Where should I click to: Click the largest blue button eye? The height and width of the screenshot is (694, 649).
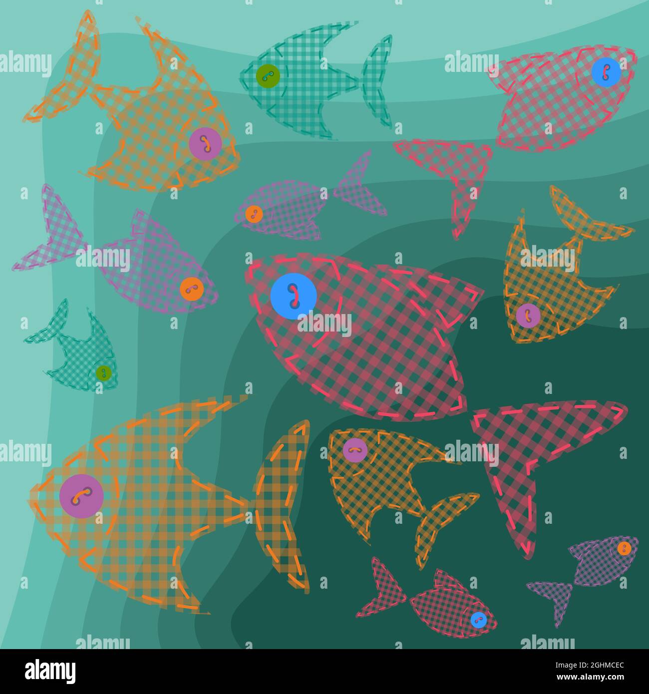pyautogui.click(x=294, y=296)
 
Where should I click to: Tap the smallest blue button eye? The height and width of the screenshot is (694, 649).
pyautogui.click(x=478, y=620)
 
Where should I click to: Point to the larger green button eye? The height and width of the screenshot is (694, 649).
pyautogui.click(x=268, y=76)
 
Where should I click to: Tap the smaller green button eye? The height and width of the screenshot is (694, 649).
pyautogui.click(x=103, y=372)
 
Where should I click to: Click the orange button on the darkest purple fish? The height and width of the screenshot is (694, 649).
pyautogui.click(x=624, y=548)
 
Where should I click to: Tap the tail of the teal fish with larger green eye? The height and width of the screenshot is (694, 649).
pyautogui.click(x=377, y=80)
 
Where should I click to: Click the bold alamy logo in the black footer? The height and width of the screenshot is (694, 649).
pyautogui.click(x=50, y=671)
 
